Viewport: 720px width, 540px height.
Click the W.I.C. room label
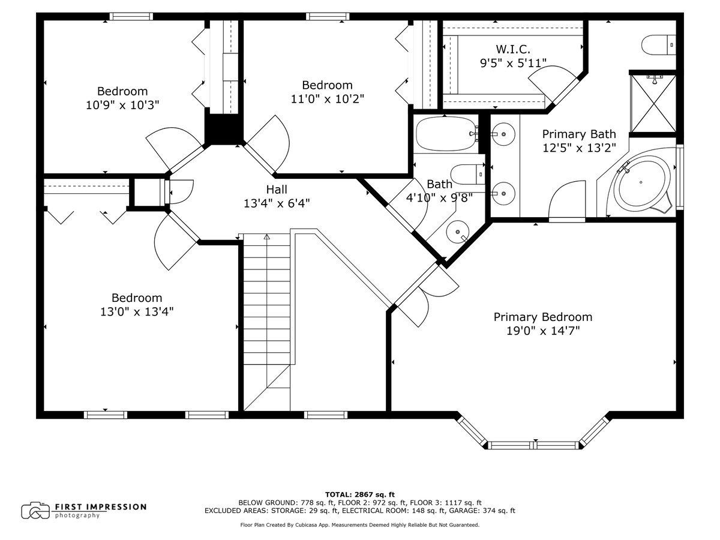point(512,49)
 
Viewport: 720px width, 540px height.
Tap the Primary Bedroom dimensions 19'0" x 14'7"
point(543,331)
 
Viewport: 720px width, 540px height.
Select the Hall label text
point(277,189)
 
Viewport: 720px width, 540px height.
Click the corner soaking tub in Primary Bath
point(642,184)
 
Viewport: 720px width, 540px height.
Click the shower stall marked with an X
point(653,103)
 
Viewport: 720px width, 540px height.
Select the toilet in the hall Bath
point(467,174)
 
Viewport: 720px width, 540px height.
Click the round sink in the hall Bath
point(457,232)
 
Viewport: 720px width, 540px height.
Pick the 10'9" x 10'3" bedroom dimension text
point(122,105)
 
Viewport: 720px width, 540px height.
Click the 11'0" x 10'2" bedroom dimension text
point(328,98)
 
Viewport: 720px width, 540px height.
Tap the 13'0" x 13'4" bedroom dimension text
point(137,311)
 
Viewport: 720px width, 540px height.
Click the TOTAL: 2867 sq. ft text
point(360,494)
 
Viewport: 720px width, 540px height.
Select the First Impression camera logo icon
point(36,511)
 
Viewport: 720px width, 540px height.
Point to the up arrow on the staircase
point(266,236)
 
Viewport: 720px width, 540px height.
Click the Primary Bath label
point(579,134)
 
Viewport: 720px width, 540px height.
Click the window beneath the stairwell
point(326,415)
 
